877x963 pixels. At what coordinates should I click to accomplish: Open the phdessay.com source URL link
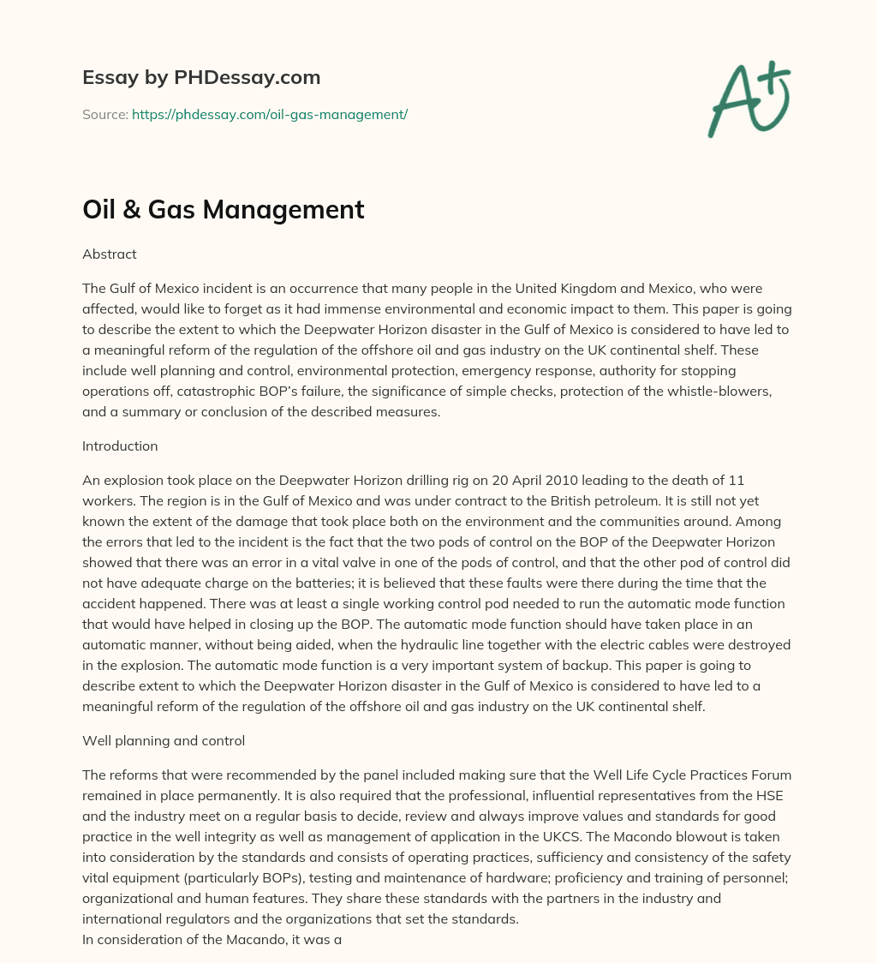pyautogui.click(x=270, y=114)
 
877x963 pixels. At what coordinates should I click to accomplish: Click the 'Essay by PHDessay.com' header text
pyautogui.click(x=201, y=77)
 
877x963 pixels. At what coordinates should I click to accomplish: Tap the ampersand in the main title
pyautogui.click(x=130, y=210)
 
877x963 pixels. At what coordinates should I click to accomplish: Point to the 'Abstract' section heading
pyautogui.click(x=110, y=254)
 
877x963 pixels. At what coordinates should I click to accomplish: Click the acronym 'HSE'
pyautogui.click(x=767, y=795)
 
